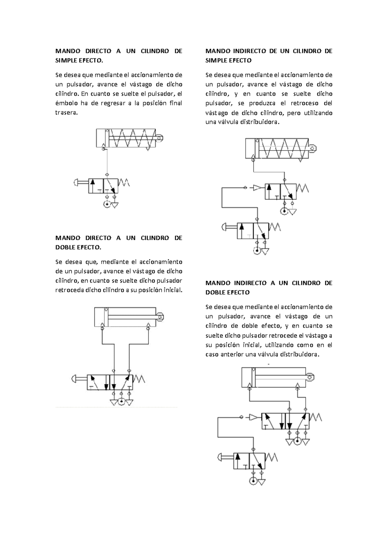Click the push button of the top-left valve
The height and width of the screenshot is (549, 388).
(x=76, y=183)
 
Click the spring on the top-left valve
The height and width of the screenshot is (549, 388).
(x=124, y=183)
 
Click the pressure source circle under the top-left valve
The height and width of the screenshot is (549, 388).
(x=107, y=204)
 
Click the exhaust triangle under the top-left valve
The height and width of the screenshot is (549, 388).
(x=114, y=205)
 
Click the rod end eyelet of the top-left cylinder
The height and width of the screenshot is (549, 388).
(x=159, y=138)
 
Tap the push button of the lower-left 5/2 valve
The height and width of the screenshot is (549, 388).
(x=74, y=378)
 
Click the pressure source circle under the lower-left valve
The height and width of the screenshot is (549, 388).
(x=121, y=402)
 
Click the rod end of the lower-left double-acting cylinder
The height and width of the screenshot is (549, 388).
(x=160, y=317)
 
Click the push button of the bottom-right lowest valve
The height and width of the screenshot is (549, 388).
(x=221, y=457)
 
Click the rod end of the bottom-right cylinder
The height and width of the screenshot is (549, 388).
(x=309, y=377)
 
